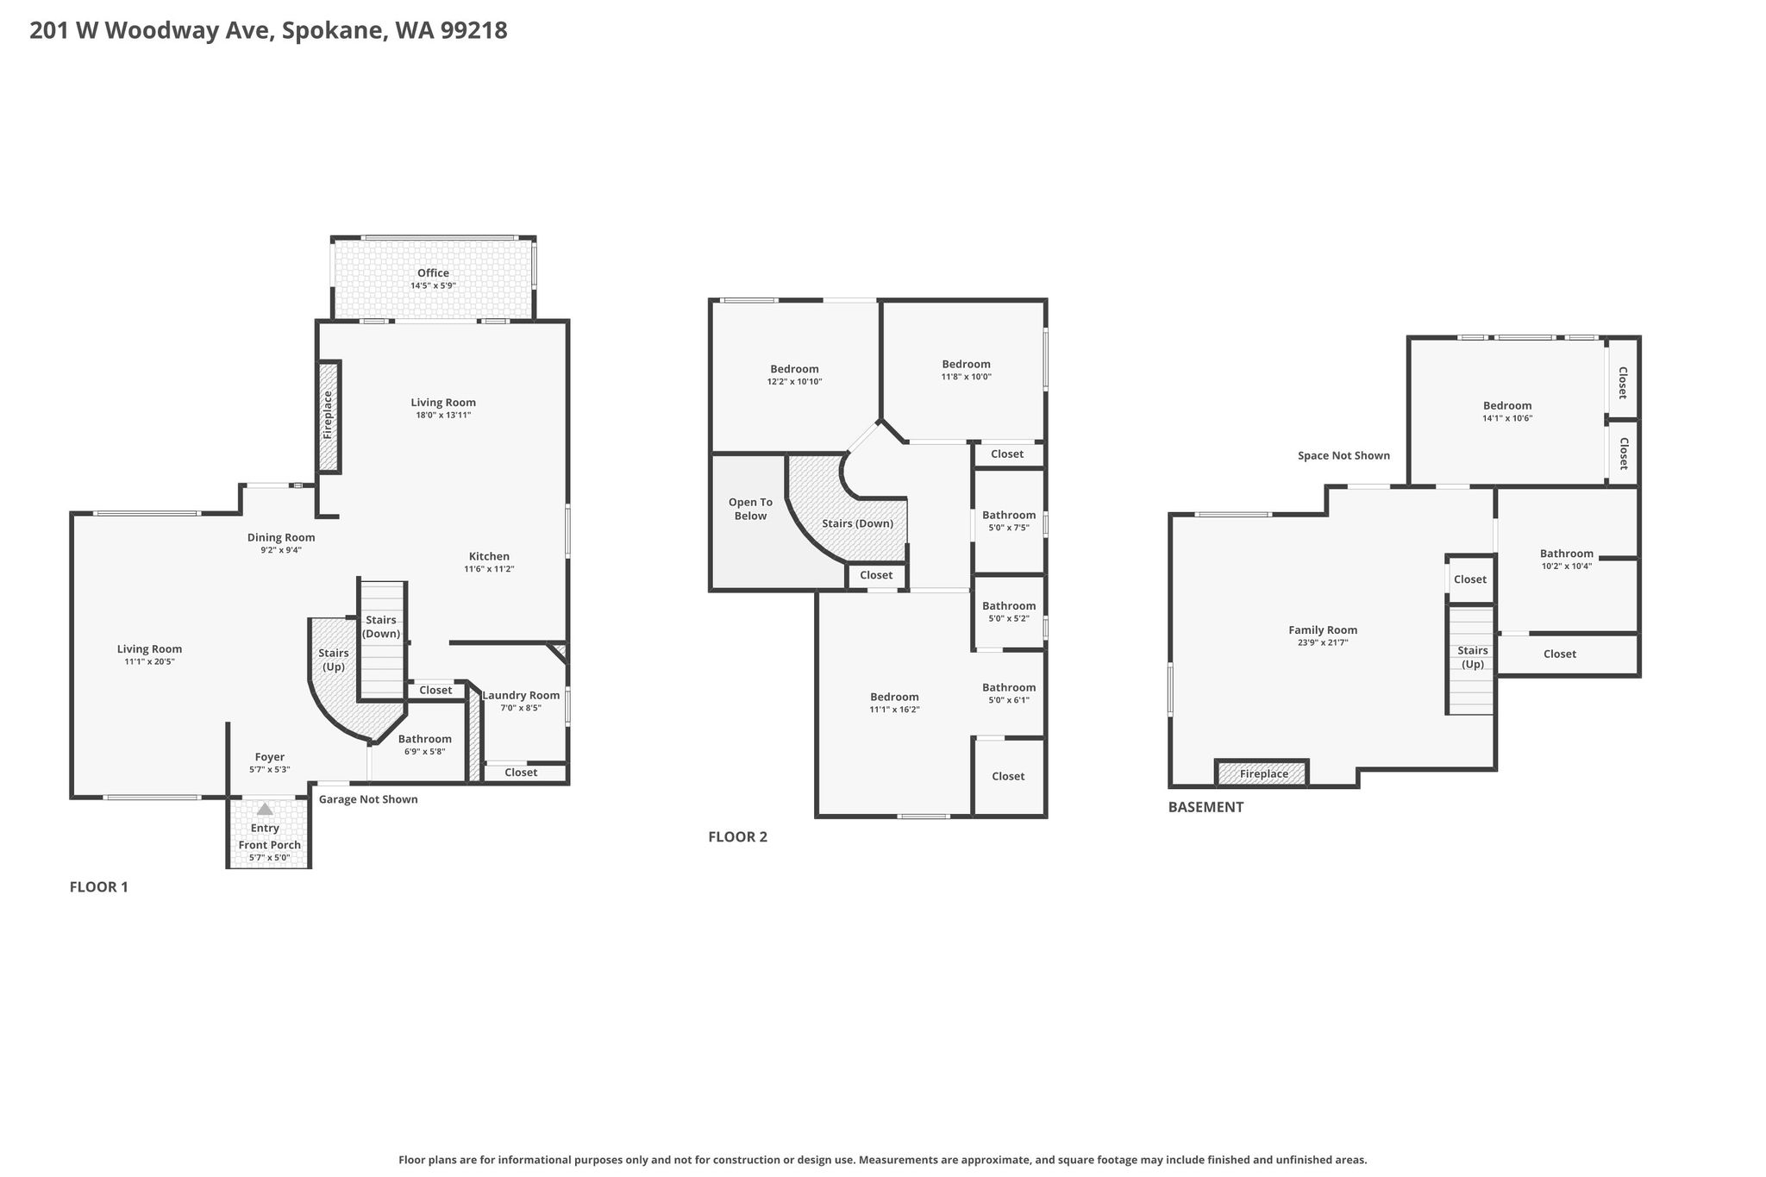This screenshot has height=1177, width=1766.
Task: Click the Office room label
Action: click(x=433, y=273)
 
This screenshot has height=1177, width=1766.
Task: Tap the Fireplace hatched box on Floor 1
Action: click(x=329, y=416)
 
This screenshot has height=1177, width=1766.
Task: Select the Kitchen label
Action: click(x=489, y=556)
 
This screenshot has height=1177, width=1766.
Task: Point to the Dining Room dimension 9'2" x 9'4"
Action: click(x=281, y=550)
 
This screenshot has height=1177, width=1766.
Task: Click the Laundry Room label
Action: click(x=521, y=696)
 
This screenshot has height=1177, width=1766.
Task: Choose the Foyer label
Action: click(x=270, y=757)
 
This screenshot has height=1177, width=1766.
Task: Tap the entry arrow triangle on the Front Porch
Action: click(x=265, y=809)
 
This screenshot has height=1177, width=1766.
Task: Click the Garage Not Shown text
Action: click(x=368, y=799)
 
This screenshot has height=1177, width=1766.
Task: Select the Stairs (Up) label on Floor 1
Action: click(x=334, y=660)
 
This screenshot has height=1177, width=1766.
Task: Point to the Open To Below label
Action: click(x=750, y=509)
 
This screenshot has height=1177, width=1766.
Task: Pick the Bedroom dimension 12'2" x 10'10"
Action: click(x=794, y=381)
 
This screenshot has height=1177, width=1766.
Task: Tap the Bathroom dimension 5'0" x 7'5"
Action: click(x=1009, y=528)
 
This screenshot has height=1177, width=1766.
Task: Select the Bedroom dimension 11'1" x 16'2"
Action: click(x=894, y=710)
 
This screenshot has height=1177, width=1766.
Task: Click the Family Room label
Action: click(x=1323, y=629)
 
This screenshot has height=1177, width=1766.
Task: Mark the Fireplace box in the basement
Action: click(x=1262, y=773)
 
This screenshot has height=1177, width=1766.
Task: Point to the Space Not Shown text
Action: click(x=1343, y=455)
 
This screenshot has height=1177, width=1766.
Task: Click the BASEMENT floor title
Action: click(x=1206, y=807)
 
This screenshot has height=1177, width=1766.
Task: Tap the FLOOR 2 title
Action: click(x=737, y=836)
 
